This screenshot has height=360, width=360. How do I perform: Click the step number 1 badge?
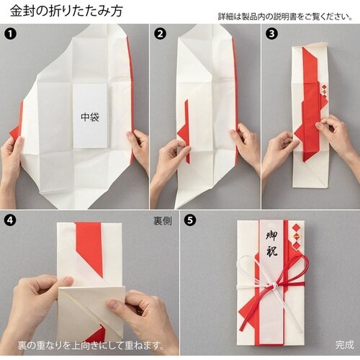tap(10, 34)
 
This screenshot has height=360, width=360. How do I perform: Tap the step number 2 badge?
tap(160, 34)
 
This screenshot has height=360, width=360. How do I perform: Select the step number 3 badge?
tap(271, 34)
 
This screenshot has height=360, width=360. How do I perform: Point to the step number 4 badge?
tap(10, 220)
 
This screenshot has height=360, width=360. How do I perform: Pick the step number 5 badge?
tap(190, 220)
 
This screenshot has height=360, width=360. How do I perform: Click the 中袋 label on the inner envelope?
tap(90, 117)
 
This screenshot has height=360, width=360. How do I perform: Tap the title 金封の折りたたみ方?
tap(66, 11)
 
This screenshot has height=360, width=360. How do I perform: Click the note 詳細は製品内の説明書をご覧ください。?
tap(285, 17)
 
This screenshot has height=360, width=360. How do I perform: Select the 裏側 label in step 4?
tap(163, 221)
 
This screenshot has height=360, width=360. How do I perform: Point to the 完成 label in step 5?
tap(345, 345)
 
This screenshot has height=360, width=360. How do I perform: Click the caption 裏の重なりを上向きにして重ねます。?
tap(91, 346)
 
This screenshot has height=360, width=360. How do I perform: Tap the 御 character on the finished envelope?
tap(272, 235)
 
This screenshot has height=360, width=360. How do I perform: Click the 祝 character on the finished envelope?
tap(272, 251)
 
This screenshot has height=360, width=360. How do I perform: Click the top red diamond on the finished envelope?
tap(297, 227)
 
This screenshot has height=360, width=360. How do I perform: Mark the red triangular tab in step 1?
tap(15, 132)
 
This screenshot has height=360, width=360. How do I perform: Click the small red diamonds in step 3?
tap(325, 92)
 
